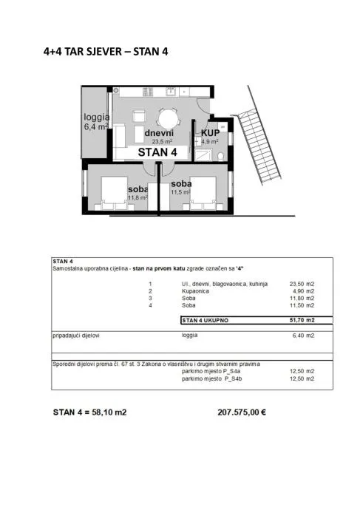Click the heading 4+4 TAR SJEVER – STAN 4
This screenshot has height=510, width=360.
click(x=106, y=52)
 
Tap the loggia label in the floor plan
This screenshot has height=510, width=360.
click(x=96, y=117)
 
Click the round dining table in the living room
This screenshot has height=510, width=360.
click(x=168, y=119)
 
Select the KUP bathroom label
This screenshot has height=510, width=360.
click(x=210, y=133)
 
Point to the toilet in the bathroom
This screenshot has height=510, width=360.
click(x=221, y=157)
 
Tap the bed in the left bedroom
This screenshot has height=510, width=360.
click(x=114, y=193)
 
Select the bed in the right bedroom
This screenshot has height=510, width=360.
click(x=203, y=193)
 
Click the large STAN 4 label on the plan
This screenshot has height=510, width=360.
click(x=157, y=152)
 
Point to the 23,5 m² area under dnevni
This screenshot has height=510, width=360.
click(x=162, y=141)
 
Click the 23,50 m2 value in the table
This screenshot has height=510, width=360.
click(x=302, y=284)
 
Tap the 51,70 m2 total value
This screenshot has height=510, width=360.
click(x=302, y=320)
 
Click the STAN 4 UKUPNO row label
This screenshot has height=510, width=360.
click(x=206, y=320)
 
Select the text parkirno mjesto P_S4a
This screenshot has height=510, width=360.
click(x=211, y=371)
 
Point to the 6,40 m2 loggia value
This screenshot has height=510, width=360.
click(x=303, y=336)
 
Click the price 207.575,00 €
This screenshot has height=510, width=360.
click(x=242, y=412)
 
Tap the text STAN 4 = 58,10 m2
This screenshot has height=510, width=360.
click(x=89, y=412)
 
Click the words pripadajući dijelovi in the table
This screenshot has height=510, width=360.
click(x=76, y=336)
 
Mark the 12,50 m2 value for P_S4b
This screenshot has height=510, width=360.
click(x=302, y=378)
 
